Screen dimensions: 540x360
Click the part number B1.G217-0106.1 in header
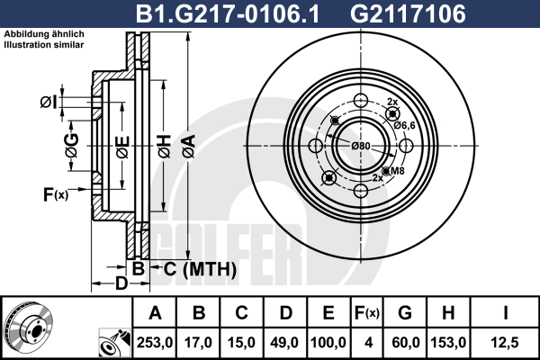[x=228, y=13]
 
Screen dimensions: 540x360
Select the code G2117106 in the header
[x=408, y=13]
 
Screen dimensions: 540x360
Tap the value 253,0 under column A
[x=155, y=343]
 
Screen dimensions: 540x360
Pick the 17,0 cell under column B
[x=198, y=343]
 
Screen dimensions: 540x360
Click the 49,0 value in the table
[x=284, y=343]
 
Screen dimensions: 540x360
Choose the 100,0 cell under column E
[x=328, y=343]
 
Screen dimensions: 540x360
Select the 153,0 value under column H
[x=448, y=343]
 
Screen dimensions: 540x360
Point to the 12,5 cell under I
[x=505, y=343]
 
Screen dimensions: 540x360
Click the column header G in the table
[x=405, y=313]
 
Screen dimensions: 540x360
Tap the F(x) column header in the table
[x=367, y=313]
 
